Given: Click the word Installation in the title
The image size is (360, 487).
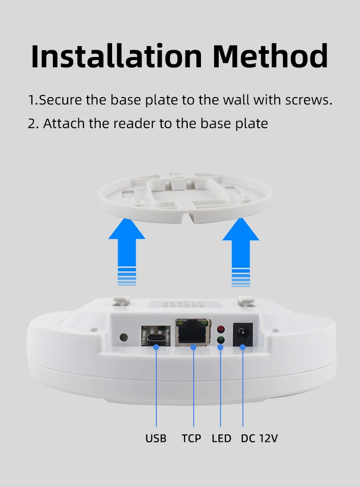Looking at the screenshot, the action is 116,56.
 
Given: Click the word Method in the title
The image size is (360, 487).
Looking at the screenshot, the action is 271,56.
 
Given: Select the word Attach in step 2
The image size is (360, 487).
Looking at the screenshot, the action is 64,123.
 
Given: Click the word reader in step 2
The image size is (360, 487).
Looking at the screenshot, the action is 134,123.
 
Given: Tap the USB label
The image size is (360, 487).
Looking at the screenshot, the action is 156,438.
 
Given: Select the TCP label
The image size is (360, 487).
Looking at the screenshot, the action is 191,438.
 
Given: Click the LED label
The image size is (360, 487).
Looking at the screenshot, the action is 221,438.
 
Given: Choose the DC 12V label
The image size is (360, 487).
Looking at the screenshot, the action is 259,438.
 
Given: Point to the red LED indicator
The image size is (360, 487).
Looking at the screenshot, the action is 221,329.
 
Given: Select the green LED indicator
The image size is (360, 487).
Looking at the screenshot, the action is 221,340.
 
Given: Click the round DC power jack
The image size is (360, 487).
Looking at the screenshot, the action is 243,335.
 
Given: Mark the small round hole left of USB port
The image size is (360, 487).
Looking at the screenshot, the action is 123,337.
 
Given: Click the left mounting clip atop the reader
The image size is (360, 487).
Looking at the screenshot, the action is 121,300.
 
